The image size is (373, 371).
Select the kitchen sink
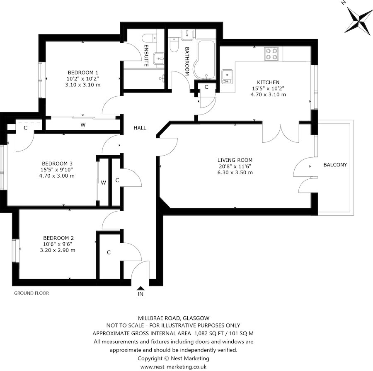pyautogui.click(x=227, y=76)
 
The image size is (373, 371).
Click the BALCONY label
pyautogui.click(x=335, y=165)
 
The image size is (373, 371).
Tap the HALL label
pyautogui.click(x=140, y=128)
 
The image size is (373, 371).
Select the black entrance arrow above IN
pyautogui.click(x=140, y=288)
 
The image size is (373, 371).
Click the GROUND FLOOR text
pyautogui.click(x=31, y=293)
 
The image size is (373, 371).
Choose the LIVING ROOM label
pyautogui.click(x=235, y=160)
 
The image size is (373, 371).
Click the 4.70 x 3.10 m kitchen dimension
pyautogui.click(x=268, y=95)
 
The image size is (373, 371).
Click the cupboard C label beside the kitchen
pyautogui.click(x=206, y=87)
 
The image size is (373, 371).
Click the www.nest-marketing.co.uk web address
pyautogui.click(x=173, y=367)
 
